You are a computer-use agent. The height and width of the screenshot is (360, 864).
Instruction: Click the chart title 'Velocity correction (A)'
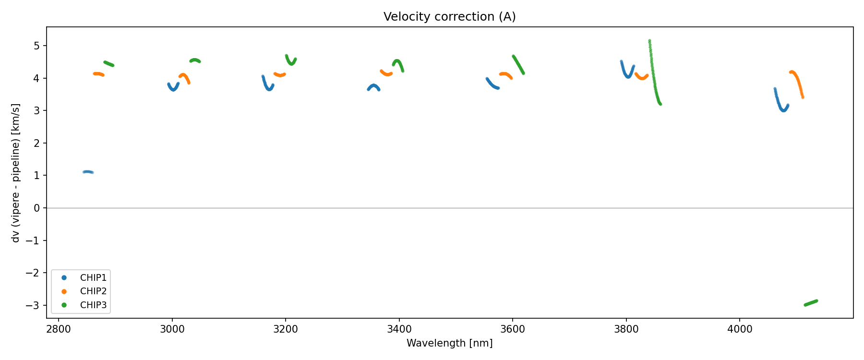pyautogui.click(x=449, y=17)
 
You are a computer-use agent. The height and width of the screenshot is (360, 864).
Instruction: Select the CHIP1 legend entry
pyautogui.click(x=93, y=278)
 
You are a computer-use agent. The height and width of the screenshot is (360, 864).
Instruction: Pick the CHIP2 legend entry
pyautogui.click(x=93, y=291)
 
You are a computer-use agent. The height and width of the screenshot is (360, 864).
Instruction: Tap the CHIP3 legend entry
pyautogui.click(x=93, y=305)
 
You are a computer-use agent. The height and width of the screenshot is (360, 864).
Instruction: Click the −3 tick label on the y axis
pyautogui.click(x=34, y=306)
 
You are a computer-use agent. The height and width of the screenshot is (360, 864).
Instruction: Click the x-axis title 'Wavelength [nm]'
pyautogui.click(x=449, y=343)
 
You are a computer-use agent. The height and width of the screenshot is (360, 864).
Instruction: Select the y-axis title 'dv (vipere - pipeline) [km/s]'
pyautogui.click(x=16, y=173)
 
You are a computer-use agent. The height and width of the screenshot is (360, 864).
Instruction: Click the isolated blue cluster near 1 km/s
pyautogui.click(x=88, y=172)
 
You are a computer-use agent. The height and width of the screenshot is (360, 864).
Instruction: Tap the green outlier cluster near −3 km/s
pyautogui.click(x=811, y=303)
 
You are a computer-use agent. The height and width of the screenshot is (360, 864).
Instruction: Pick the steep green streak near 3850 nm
pyautogui.click(x=653, y=72)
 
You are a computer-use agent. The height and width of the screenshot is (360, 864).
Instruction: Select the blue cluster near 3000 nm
pyautogui.click(x=173, y=87)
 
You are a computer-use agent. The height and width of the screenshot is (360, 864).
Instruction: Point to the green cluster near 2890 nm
pyautogui.click(x=109, y=64)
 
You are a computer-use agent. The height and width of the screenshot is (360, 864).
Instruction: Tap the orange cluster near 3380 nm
pyautogui.click(x=386, y=73)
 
